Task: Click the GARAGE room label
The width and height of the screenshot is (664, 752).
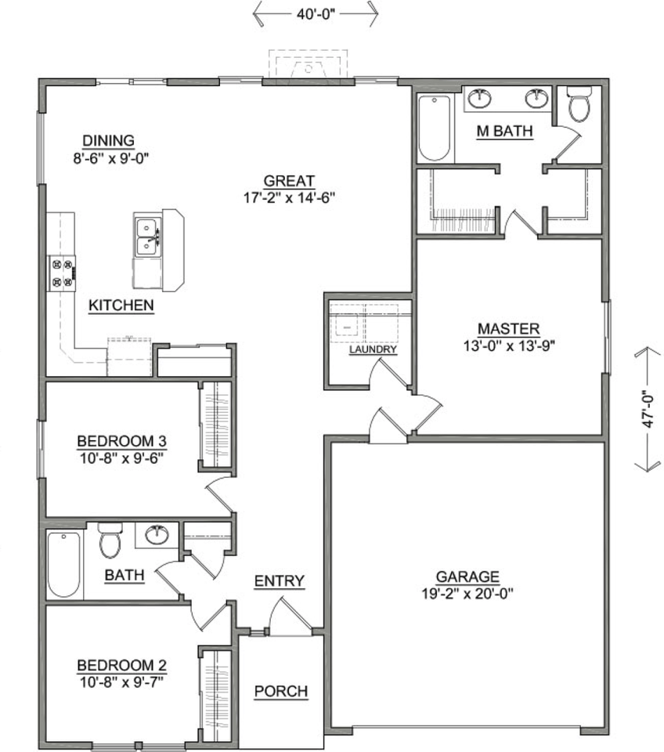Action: tap(467, 577)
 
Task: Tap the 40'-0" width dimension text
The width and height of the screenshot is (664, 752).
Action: tap(316, 13)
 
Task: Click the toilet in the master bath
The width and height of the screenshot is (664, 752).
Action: tap(579, 104)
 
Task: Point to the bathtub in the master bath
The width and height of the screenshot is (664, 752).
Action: tap(433, 127)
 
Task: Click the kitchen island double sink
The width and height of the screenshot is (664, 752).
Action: tap(146, 236)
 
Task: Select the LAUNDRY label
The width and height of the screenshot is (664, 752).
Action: tap(373, 349)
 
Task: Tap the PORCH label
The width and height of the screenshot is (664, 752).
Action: tap(281, 692)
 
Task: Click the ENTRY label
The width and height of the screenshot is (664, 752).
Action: tap(279, 581)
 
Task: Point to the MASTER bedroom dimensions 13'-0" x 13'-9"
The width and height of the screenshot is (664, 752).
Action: tap(509, 345)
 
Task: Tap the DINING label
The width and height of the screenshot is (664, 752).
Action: tap(109, 140)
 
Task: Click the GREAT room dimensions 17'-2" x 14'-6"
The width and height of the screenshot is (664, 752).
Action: tap(289, 197)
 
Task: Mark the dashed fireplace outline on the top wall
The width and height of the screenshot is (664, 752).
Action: tap(308, 66)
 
